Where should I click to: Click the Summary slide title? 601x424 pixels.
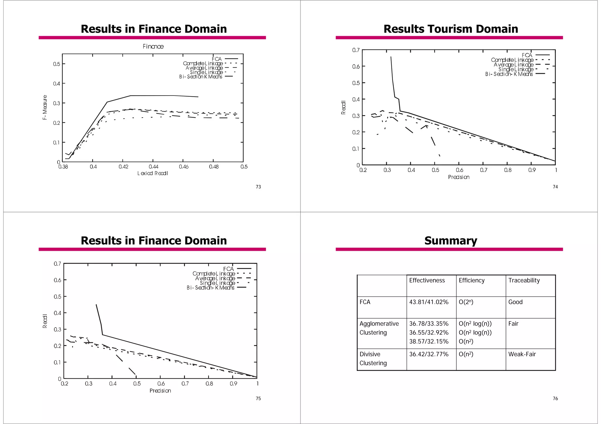pos(450,241)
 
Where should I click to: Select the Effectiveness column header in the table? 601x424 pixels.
pos(427,280)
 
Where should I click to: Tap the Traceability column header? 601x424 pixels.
pos(524,280)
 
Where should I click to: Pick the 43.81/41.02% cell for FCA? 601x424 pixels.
pos(429,302)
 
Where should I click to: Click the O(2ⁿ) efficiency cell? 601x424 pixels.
pos(466,302)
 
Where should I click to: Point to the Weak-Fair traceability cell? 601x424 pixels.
pos(522,354)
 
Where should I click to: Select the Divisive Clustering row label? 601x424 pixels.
pos(373,359)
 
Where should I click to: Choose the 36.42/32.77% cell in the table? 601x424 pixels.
pos(429,354)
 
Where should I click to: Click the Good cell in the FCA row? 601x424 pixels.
pos(515,302)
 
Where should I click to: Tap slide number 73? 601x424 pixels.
pos(258,187)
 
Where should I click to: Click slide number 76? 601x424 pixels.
pos(555,399)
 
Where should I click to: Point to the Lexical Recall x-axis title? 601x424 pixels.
pos(153,173)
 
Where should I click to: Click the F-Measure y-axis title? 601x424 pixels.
pos(45,107)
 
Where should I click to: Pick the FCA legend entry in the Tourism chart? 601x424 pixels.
pos(527,55)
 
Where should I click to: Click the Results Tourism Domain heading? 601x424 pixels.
pos(450,29)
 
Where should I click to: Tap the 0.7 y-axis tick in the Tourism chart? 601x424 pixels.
pos(356,50)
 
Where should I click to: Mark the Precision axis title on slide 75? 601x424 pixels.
pos(160,391)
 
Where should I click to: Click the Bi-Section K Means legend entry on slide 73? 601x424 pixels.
pos(201,77)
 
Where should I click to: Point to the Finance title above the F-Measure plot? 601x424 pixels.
pos(153,47)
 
